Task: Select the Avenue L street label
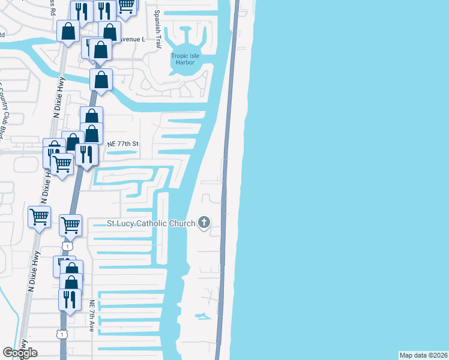click(x=132, y=38)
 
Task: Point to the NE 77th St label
click(x=122, y=144)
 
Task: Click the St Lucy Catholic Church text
click(x=151, y=224)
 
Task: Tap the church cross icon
click(x=203, y=223)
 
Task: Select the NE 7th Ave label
click(x=92, y=316)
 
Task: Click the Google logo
click(x=20, y=353)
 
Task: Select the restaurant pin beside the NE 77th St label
click(x=87, y=154)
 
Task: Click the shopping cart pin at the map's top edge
click(x=126, y=5)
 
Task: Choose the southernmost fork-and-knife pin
click(x=70, y=298)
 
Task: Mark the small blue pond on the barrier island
click(x=202, y=316)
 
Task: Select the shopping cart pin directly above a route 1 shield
click(x=71, y=226)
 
